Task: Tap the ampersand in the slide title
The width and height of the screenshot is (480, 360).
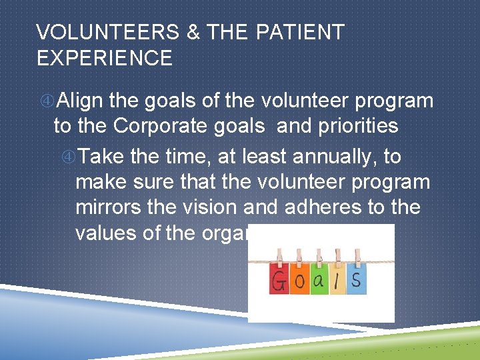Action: (193, 32)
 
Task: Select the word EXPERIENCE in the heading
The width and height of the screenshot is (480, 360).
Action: (105, 59)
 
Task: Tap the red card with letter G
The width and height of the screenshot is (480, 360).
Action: (279, 280)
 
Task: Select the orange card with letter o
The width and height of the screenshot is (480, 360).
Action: (301, 281)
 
